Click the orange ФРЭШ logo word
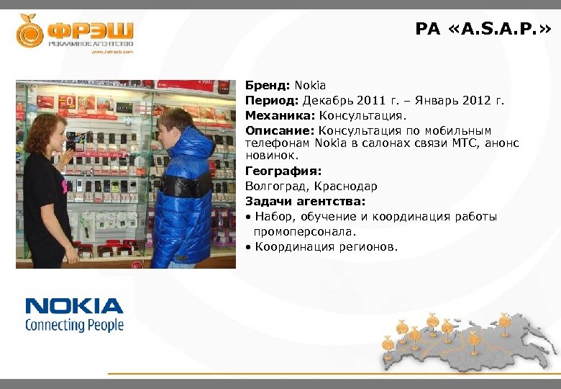point(91,32)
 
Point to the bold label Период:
point(273,101)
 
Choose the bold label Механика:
point(280,115)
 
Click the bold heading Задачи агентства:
point(305,201)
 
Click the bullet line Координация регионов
point(325,247)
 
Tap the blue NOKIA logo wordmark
point(74,305)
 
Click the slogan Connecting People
point(74,325)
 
